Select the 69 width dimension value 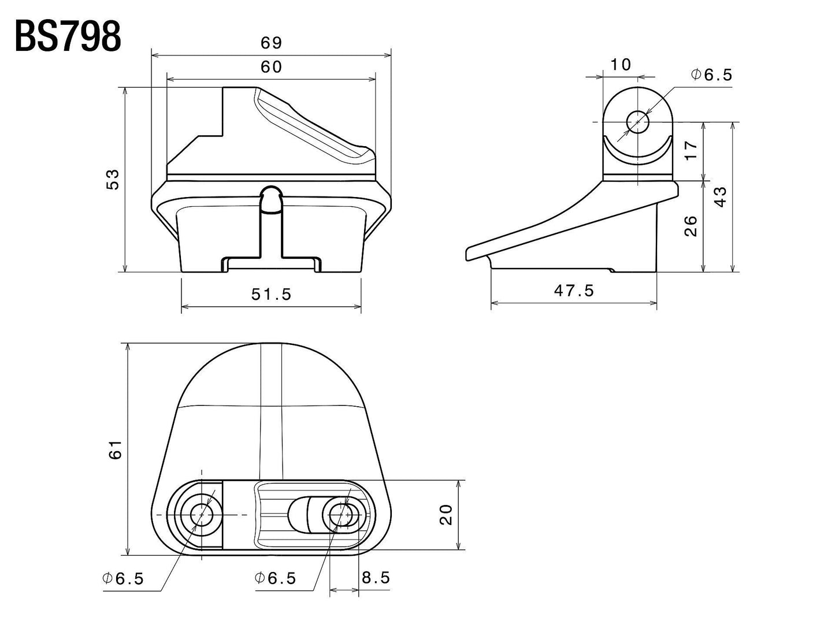click(270, 43)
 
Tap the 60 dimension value click(270, 67)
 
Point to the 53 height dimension click(113, 179)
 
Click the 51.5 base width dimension click(271, 294)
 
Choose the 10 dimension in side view click(621, 64)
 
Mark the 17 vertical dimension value click(691, 150)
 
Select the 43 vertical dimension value click(720, 196)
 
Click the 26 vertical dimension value click(691, 226)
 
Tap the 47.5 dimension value click(574, 291)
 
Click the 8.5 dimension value click(376, 578)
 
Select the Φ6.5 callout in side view click(711, 75)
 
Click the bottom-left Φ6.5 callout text click(123, 579)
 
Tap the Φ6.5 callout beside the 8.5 click(276, 578)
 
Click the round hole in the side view click(638, 122)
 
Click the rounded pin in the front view click(271, 199)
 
